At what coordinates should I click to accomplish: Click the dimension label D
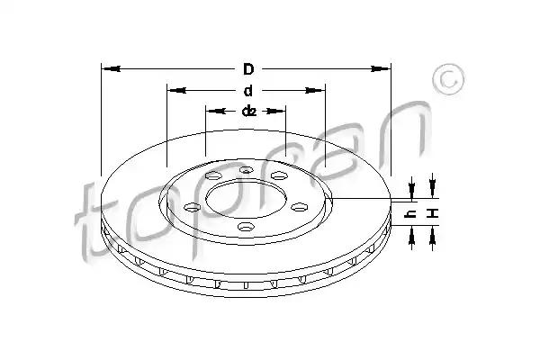pos(248,69)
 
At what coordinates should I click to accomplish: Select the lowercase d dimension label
pos(248,91)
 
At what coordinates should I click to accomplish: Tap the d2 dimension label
pos(249,111)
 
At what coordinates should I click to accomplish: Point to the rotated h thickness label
pos(411,214)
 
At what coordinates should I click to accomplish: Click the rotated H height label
pos(433,213)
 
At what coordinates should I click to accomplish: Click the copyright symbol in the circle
pos(448,79)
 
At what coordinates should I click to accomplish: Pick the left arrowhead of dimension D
pos(111,69)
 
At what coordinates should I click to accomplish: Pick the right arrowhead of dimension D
pos(381,69)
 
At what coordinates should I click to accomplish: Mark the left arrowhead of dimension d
pos(176,91)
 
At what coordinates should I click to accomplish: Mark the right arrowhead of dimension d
pos(315,91)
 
